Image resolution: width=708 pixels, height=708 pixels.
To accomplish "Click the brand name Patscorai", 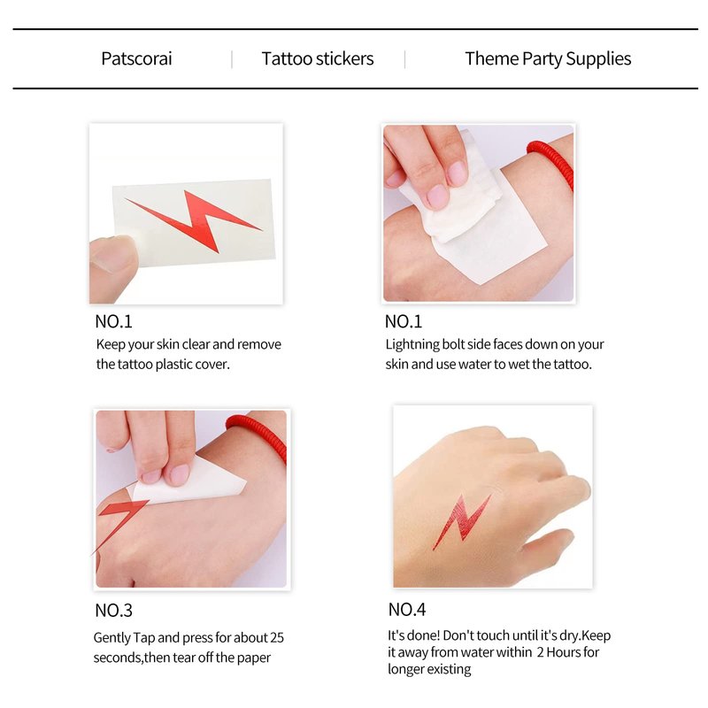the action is pos(136,58).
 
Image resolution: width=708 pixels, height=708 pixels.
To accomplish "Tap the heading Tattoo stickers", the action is pos(318,58).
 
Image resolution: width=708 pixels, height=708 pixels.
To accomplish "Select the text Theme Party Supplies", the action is pos(548,59).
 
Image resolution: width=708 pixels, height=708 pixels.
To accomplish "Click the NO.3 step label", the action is pos(113,611).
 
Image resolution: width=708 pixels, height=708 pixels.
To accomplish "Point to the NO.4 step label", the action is pos(407,610).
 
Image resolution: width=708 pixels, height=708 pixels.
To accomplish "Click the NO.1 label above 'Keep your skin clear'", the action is pos(113,321).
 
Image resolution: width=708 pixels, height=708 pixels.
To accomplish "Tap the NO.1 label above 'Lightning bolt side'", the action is pos(404,321).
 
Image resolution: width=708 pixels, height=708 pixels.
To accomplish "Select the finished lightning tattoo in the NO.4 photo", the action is pos(461,521).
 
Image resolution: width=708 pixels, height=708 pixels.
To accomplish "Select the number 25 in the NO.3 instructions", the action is pos(276,637).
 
